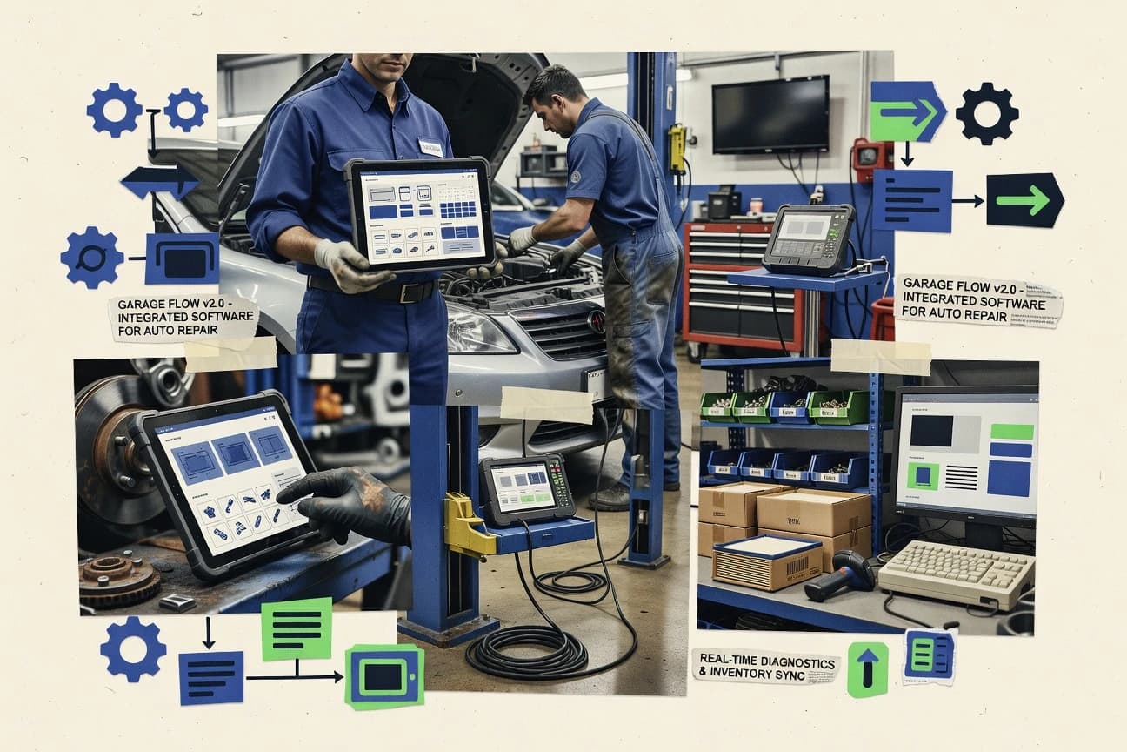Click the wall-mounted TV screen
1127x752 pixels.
tap(770, 114)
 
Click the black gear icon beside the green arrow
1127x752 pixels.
tap(987, 113)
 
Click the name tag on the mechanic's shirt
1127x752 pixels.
tap(430, 147)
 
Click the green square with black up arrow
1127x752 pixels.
tap(867, 669)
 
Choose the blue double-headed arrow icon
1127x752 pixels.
tap(160, 182)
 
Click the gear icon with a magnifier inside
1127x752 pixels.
tap(91, 258)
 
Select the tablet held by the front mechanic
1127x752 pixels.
tap(418, 214)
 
